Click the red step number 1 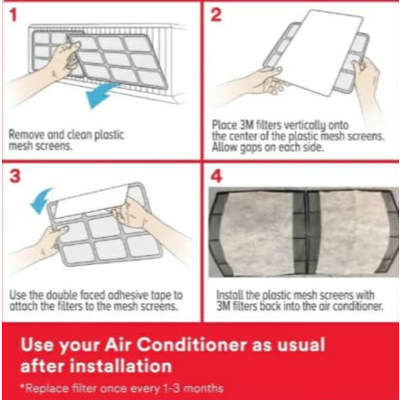click(14, 15)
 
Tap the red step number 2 click(216, 14)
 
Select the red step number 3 click(15, 176)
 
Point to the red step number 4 click(216, 176)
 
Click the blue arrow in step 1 click(101, 94)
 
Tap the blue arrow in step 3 click(41, 200)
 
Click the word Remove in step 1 click(27, 135)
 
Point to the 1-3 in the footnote click(172, 388)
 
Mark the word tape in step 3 click(162, 295)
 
